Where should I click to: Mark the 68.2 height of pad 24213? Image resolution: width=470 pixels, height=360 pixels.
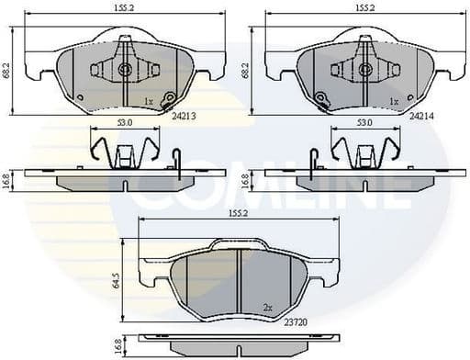[x=7, y=68]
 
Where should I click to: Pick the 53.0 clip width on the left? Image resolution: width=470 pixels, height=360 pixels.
[x=124, y=121]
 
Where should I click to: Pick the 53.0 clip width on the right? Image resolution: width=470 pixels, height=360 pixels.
[x=364, y=121]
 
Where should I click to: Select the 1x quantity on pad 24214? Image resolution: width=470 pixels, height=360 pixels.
[x=393, y=100]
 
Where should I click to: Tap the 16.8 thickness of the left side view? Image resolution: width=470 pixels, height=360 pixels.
[x=7, y=181]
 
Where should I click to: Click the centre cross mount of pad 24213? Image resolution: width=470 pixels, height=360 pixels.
[x=124, y=70]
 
